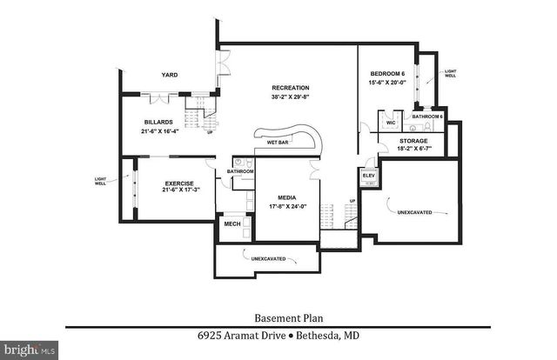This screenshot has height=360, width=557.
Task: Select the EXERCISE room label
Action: [x=179, y=183]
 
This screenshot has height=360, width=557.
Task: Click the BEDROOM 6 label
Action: [x=385, y=74]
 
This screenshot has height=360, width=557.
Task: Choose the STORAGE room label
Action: [x=413, y=140]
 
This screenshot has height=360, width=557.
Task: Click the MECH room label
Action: [x=232, y=224]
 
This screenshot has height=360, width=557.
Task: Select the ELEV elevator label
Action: [x=368, y=177]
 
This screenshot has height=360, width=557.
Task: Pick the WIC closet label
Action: [x=391, y=123]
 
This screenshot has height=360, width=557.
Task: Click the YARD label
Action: [x=169, y=76]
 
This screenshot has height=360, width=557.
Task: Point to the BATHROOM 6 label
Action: [x=427, y=117]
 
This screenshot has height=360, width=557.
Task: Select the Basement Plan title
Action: [x=278, y=317]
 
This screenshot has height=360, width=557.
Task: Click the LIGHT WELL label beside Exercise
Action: [x=101, y=181]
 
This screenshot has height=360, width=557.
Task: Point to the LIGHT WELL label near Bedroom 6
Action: [x=450, y=73]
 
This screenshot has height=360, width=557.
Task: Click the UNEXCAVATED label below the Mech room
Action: [x=269, y=259]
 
